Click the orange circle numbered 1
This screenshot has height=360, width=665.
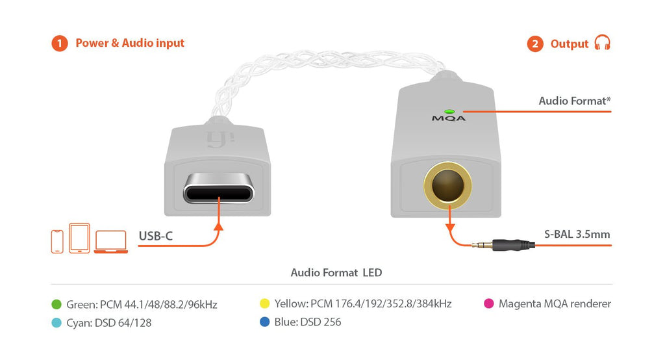coord(60,44)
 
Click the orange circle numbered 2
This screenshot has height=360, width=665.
coord(535,44)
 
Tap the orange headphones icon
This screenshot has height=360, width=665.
coord(602,43)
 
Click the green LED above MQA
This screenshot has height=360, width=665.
coord(449,112)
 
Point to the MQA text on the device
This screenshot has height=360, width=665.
coord(449,118)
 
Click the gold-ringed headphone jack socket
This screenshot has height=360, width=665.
coord(447,185)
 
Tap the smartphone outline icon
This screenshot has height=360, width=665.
coord(57,242)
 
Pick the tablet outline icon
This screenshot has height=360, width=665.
coord(79,238)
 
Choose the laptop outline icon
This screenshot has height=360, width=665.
coord(110,242)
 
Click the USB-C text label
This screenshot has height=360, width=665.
coord(156,236)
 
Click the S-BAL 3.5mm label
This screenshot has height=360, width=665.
coord(577,235)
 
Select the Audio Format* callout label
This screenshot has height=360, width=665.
coord(575,101)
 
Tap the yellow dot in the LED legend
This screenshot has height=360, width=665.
coord(265,303)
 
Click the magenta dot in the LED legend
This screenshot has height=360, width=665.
coord(489,303)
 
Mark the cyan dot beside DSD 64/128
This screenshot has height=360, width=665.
coord(56,323)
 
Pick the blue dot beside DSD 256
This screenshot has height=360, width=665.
coord(265,322)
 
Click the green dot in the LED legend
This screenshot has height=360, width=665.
coord(56,304)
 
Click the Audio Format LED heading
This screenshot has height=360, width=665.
coord(336,272)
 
